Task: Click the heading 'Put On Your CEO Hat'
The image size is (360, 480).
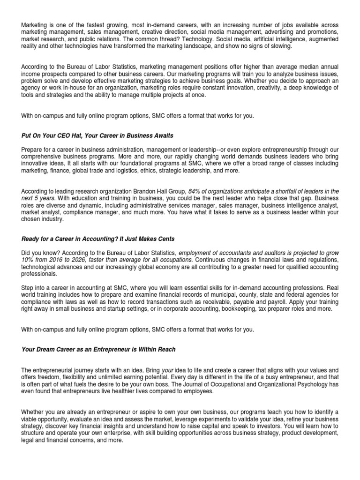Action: click(x=97, y=135)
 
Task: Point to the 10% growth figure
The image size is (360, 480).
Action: click(x=27, y=260)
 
